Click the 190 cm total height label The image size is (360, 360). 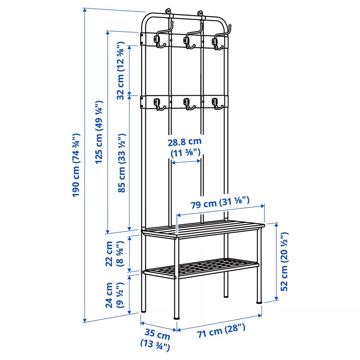[76, 165]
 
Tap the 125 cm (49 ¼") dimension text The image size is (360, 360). [99, 132]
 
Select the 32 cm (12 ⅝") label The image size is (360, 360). [121, 70]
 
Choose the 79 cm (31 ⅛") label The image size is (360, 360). [220, 202]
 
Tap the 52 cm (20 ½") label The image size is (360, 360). [284, 262]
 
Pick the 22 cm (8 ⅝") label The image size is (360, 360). [115, 254]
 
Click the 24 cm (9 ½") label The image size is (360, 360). [115, 295]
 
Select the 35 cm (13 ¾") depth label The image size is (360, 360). [156, 340]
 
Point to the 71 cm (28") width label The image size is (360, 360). [221, 330]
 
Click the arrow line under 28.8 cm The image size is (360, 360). [186, 162]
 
